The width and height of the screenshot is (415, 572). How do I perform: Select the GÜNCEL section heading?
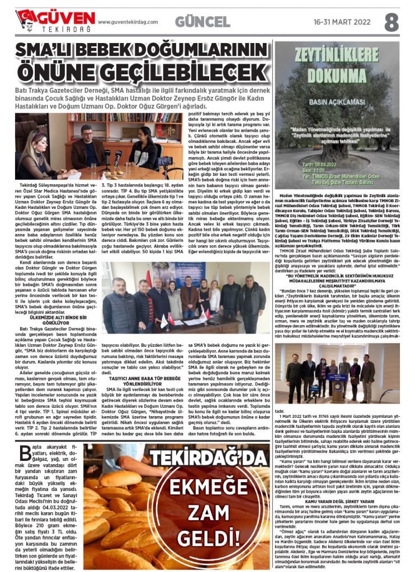[x=202, y=22]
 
